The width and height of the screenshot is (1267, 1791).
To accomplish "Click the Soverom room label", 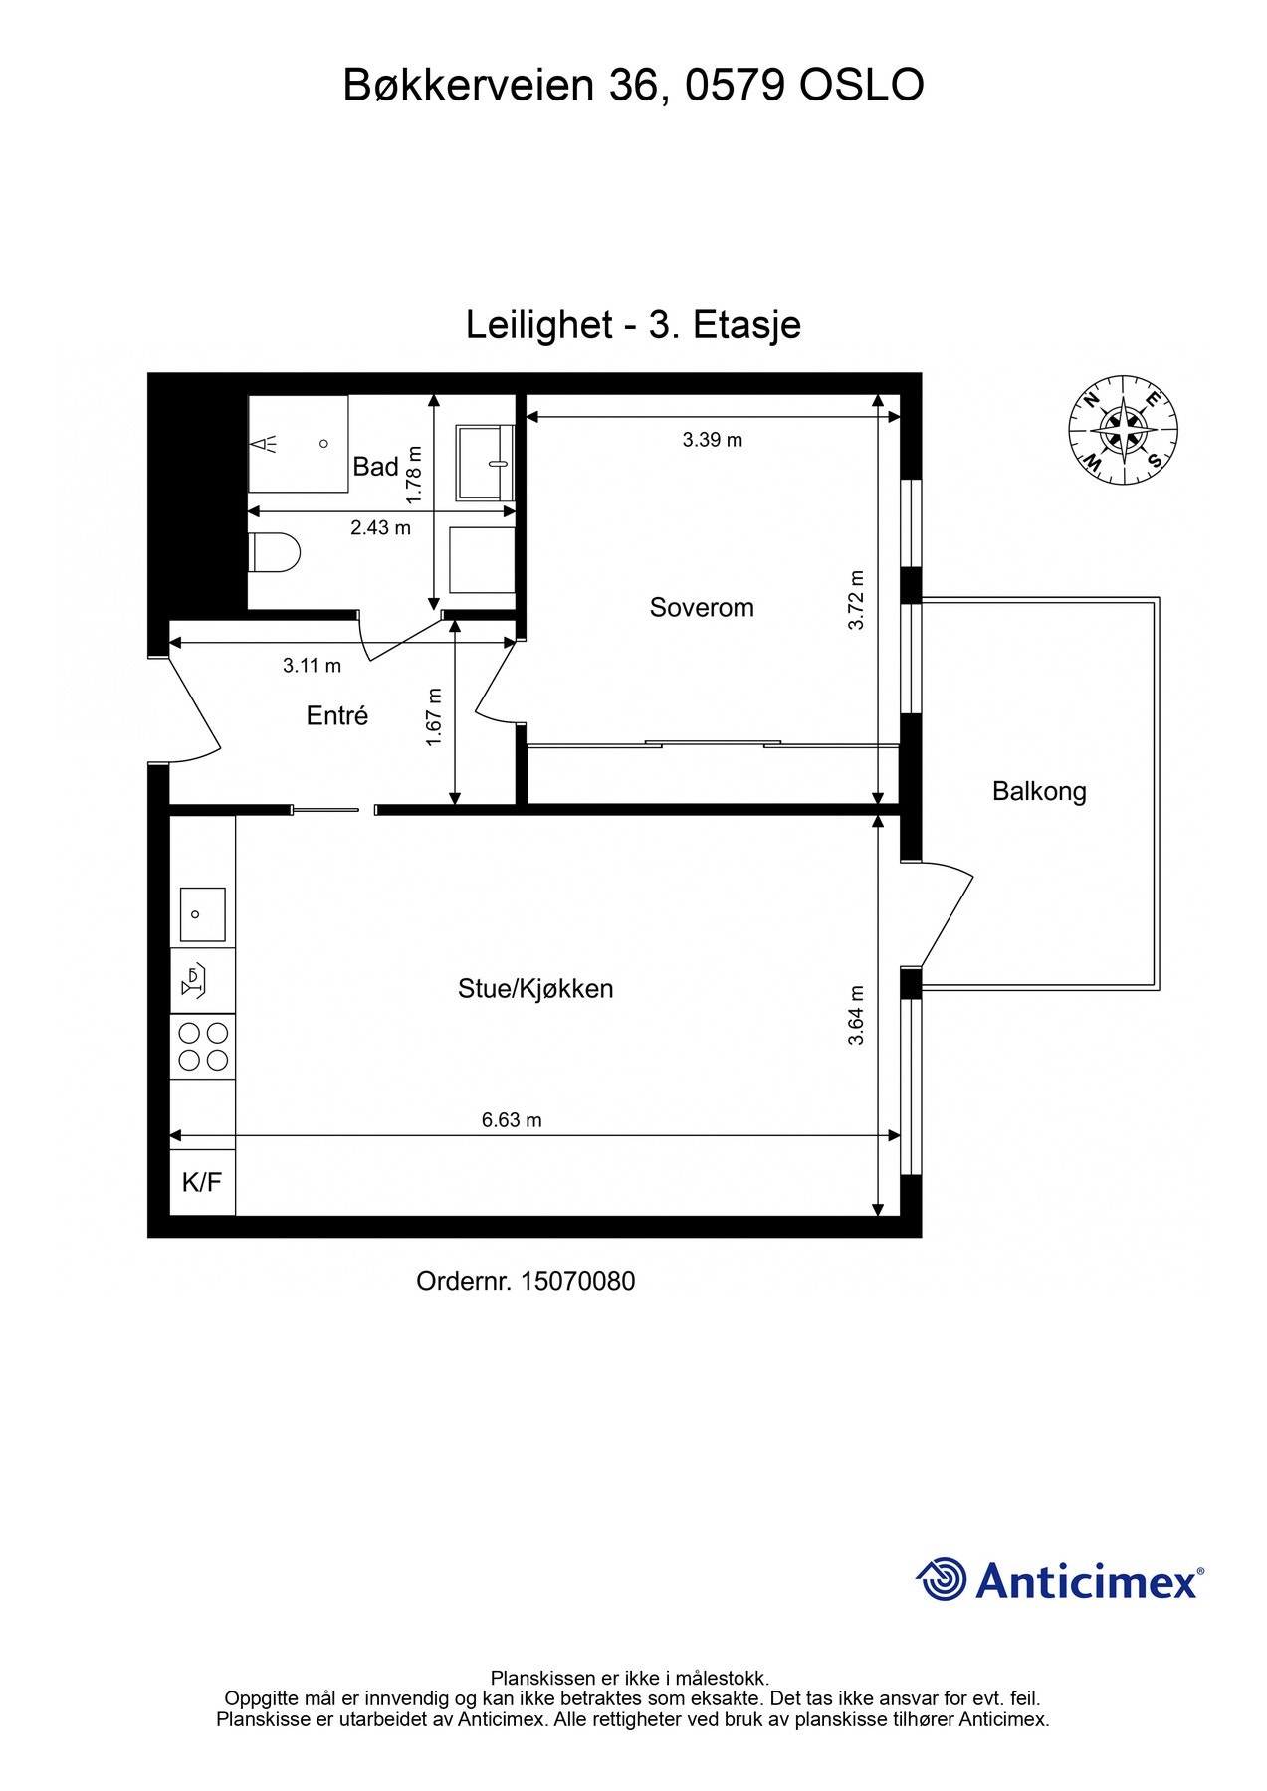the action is [x=702, y=607].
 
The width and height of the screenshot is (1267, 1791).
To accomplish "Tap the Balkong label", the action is [x=1039, y=792].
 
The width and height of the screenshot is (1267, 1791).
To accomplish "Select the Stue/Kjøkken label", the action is [x=535, y=989].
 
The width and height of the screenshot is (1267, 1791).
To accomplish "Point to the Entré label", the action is [x=337, y=715].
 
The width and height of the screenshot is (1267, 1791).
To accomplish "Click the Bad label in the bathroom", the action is [x=375, y=466].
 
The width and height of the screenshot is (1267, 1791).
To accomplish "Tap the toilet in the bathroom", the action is [x=273, y=553].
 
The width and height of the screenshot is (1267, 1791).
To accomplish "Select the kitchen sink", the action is [x=202, y=914].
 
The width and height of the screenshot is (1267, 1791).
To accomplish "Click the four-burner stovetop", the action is [x=203, y=1046].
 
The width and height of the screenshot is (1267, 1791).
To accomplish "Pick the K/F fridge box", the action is [x=202, y=1183].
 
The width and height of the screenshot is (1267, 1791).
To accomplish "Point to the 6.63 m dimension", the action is [x=512, y=1120].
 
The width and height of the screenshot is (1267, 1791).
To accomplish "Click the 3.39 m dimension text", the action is [x=713, y=440].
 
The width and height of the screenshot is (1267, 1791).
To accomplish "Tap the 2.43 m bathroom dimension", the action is [x=380, y=528].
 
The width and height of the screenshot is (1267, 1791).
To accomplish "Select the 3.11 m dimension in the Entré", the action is [x=312, y=666].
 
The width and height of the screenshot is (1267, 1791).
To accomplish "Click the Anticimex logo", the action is [x=1060, y=1579].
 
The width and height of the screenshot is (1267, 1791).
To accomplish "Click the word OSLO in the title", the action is [x=861, y=86].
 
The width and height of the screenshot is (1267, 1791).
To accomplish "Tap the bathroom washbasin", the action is [x=485, y=463].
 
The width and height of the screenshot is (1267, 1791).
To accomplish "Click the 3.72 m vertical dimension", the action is [x=857, y=600].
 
